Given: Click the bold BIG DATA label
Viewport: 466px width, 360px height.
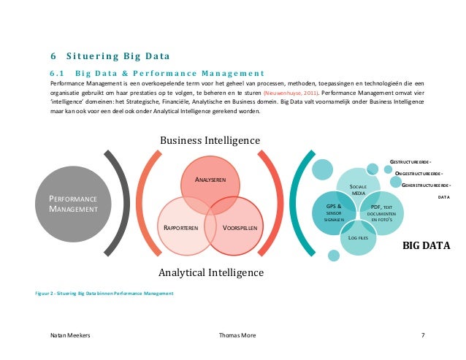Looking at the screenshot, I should [x=427, y=246].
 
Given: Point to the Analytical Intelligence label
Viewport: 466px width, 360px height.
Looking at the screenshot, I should [x=211, y=273].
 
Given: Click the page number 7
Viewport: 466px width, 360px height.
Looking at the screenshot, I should [x=423, y=335].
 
